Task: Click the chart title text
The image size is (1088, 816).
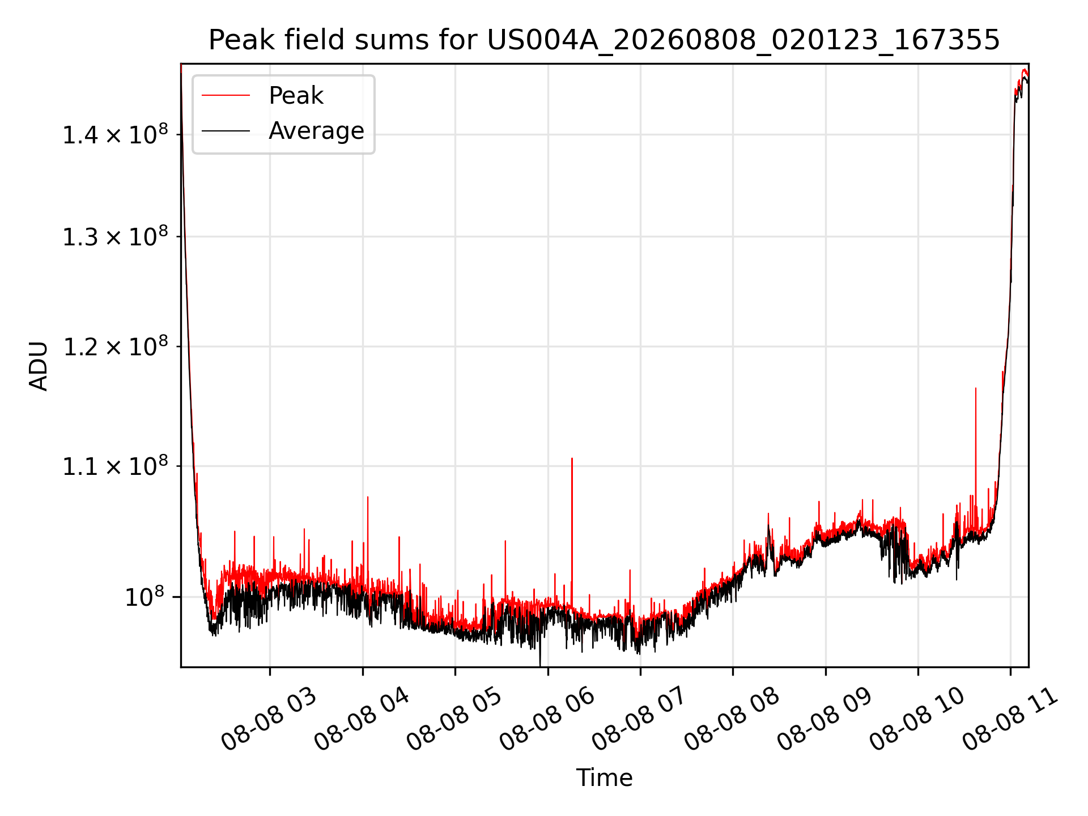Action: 604,40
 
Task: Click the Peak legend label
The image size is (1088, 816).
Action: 296,96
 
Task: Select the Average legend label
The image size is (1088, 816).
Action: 316,131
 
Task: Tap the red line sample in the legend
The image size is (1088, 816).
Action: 226,96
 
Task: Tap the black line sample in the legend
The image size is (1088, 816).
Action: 226,131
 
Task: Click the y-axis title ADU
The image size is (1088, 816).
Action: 39,366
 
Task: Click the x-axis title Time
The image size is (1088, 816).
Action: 604,777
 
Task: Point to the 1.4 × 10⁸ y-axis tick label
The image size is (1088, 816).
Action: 115,135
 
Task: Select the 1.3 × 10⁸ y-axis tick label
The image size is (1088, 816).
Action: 115,237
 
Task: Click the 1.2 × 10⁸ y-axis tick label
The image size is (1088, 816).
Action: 115,347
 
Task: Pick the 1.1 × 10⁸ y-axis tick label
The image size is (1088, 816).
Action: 115,466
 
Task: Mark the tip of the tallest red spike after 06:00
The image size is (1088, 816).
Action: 572,458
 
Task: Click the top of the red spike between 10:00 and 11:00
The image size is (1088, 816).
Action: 975,388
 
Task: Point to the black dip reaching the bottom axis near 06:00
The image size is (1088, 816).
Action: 540,665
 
